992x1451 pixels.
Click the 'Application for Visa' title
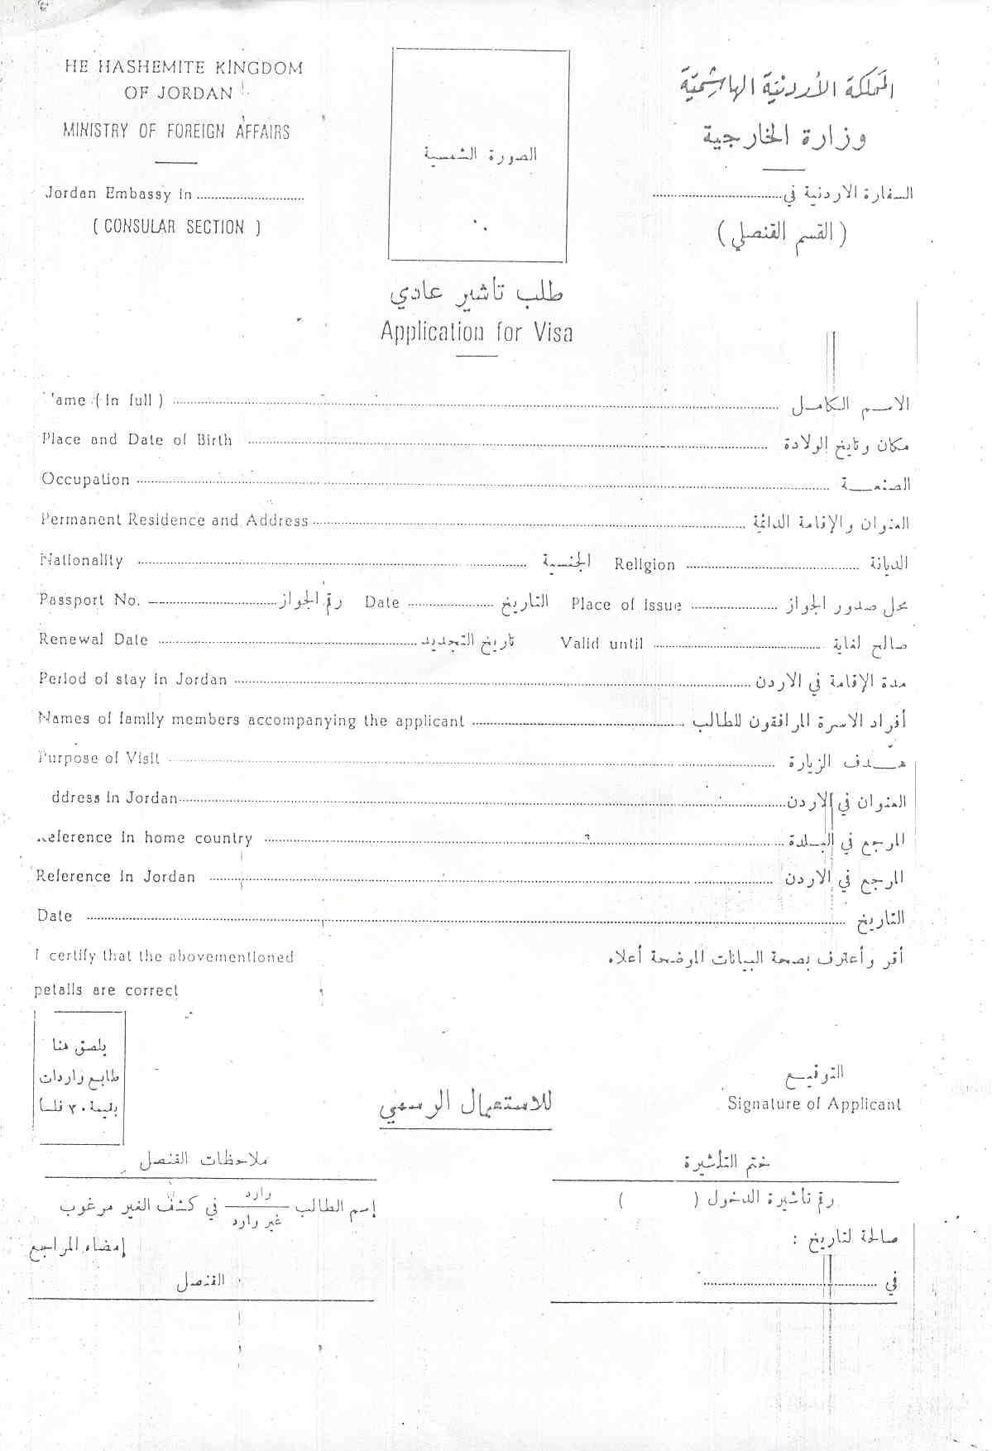(477, 333)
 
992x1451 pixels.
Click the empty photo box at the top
(479, 155)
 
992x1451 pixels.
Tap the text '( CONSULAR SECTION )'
(176, 227)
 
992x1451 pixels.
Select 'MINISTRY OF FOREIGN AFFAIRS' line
(176, 131)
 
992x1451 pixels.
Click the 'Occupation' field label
(86, 480)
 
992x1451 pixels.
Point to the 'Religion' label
(645, 565)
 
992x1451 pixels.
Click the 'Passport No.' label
(89, 601)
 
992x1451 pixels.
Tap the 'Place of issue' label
(626, 605)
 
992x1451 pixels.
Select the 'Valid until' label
(601, 644)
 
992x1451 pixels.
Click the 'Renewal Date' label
(93, 639)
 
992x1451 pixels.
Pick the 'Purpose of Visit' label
(99, 758)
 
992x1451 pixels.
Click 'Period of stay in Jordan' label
(132, 679)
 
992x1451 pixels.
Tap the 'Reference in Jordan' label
(116, 877)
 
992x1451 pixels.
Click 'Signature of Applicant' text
(814, 1104)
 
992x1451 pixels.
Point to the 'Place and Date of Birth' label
(137, 440)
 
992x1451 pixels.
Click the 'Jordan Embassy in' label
(118, 194)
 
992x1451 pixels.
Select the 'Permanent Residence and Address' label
(175, 520)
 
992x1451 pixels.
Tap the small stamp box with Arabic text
(79, 1077)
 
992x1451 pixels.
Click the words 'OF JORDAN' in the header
(179, 93)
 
